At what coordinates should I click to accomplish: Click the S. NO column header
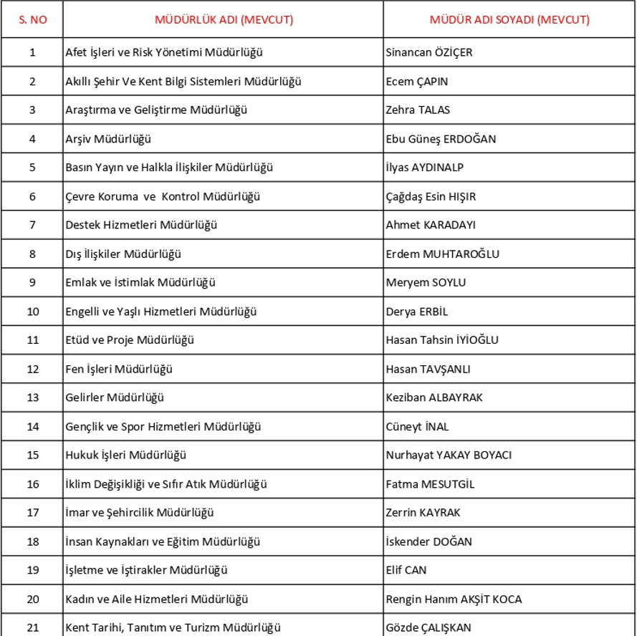(x=32, y=20)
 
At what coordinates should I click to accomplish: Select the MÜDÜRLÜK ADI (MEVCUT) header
(x=224, y=20)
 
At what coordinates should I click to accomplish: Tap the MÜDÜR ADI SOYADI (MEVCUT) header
(x=509, y=20)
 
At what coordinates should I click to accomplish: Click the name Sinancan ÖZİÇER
(x=429, y=52)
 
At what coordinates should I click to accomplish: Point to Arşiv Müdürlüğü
(x=108, y=139)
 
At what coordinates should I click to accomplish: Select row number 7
(x=32, y=225)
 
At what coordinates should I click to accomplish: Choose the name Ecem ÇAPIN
(x=417, y=81)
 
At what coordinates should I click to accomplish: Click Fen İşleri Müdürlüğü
(x=119, y=369)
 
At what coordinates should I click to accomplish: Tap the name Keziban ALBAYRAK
(x=434, y=397)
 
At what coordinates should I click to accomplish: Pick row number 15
(x=32, y=455)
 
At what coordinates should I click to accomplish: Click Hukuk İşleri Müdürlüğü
(x=126, y=455)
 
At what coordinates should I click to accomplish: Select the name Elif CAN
(x=406, y=570)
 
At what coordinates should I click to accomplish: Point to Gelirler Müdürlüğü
(x=115, y=397)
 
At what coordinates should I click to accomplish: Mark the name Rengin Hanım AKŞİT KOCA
(x=454, y=599)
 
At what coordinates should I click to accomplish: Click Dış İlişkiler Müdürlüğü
(x=123, y=254)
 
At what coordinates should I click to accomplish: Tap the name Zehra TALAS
(x=418, y=110)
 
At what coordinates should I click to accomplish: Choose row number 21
(x=32, y=627)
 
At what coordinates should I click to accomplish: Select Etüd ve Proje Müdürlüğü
(x=130, y=340)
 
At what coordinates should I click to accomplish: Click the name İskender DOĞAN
(x=428, y=541)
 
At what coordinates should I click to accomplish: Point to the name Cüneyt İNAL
(x=417, y=426)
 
